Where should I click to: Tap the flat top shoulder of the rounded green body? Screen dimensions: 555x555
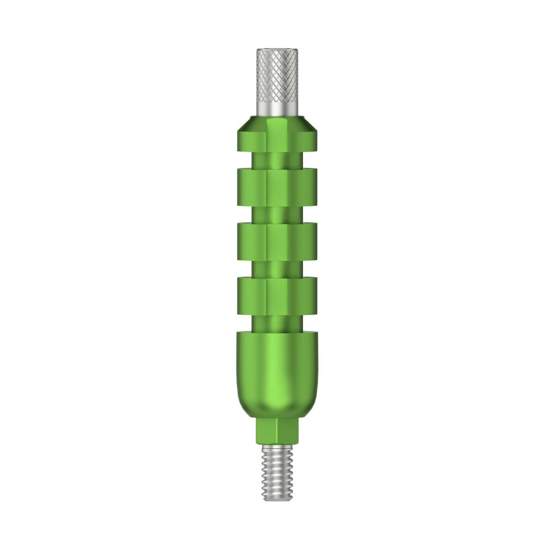click(277, 334)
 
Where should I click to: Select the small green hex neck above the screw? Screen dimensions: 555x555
click(277, 430)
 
